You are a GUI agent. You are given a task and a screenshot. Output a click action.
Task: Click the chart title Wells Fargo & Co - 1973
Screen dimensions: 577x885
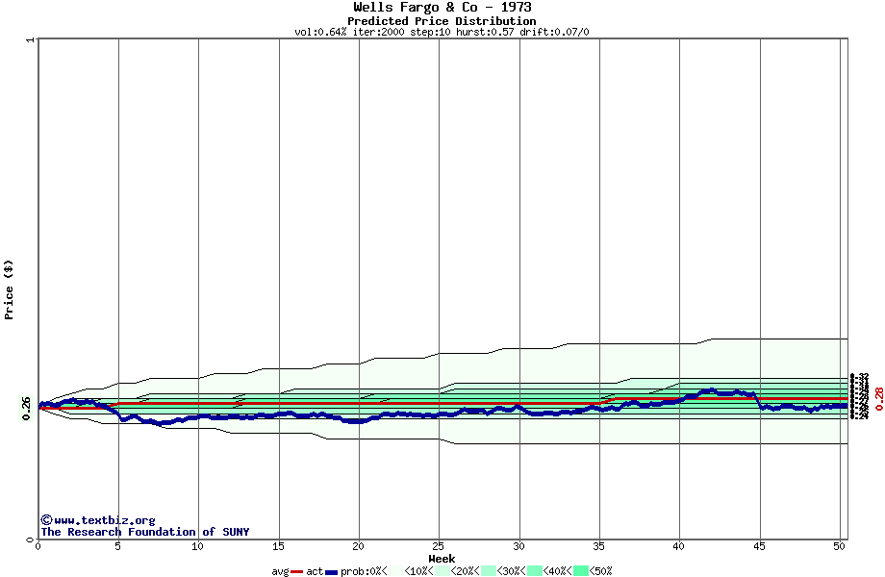442,8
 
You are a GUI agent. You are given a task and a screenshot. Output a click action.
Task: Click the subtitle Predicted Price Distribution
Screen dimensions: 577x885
442,21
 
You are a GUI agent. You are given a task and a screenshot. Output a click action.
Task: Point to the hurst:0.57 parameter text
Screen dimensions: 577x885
487,32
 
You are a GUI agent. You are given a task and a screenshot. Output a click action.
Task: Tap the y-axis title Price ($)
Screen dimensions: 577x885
9,289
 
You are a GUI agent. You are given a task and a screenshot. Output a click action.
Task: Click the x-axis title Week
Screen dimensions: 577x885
442,559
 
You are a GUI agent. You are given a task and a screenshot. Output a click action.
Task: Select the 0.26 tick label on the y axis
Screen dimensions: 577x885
27,408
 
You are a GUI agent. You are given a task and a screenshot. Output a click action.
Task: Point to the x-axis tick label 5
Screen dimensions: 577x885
118,546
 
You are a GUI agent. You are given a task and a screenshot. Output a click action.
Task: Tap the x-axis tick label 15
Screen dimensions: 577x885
278,546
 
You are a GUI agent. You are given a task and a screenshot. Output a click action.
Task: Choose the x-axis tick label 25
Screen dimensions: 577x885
439,546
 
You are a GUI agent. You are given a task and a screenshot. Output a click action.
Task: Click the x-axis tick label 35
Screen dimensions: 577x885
598,546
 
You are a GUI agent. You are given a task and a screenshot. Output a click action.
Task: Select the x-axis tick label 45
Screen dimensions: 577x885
759,546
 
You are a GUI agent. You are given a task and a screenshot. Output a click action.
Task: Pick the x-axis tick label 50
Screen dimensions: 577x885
839,546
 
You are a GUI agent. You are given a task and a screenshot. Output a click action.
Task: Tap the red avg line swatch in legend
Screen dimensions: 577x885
297,571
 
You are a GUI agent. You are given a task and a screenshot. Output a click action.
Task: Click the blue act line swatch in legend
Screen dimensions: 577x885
332,571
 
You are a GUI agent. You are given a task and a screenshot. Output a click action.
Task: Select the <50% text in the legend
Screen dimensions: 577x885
601,571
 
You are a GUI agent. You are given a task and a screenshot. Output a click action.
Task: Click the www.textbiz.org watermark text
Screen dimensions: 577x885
104,520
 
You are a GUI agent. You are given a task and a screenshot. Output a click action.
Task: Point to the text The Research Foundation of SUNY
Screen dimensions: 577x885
144,532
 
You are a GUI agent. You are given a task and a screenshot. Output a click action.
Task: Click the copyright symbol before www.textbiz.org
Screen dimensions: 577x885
46,520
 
